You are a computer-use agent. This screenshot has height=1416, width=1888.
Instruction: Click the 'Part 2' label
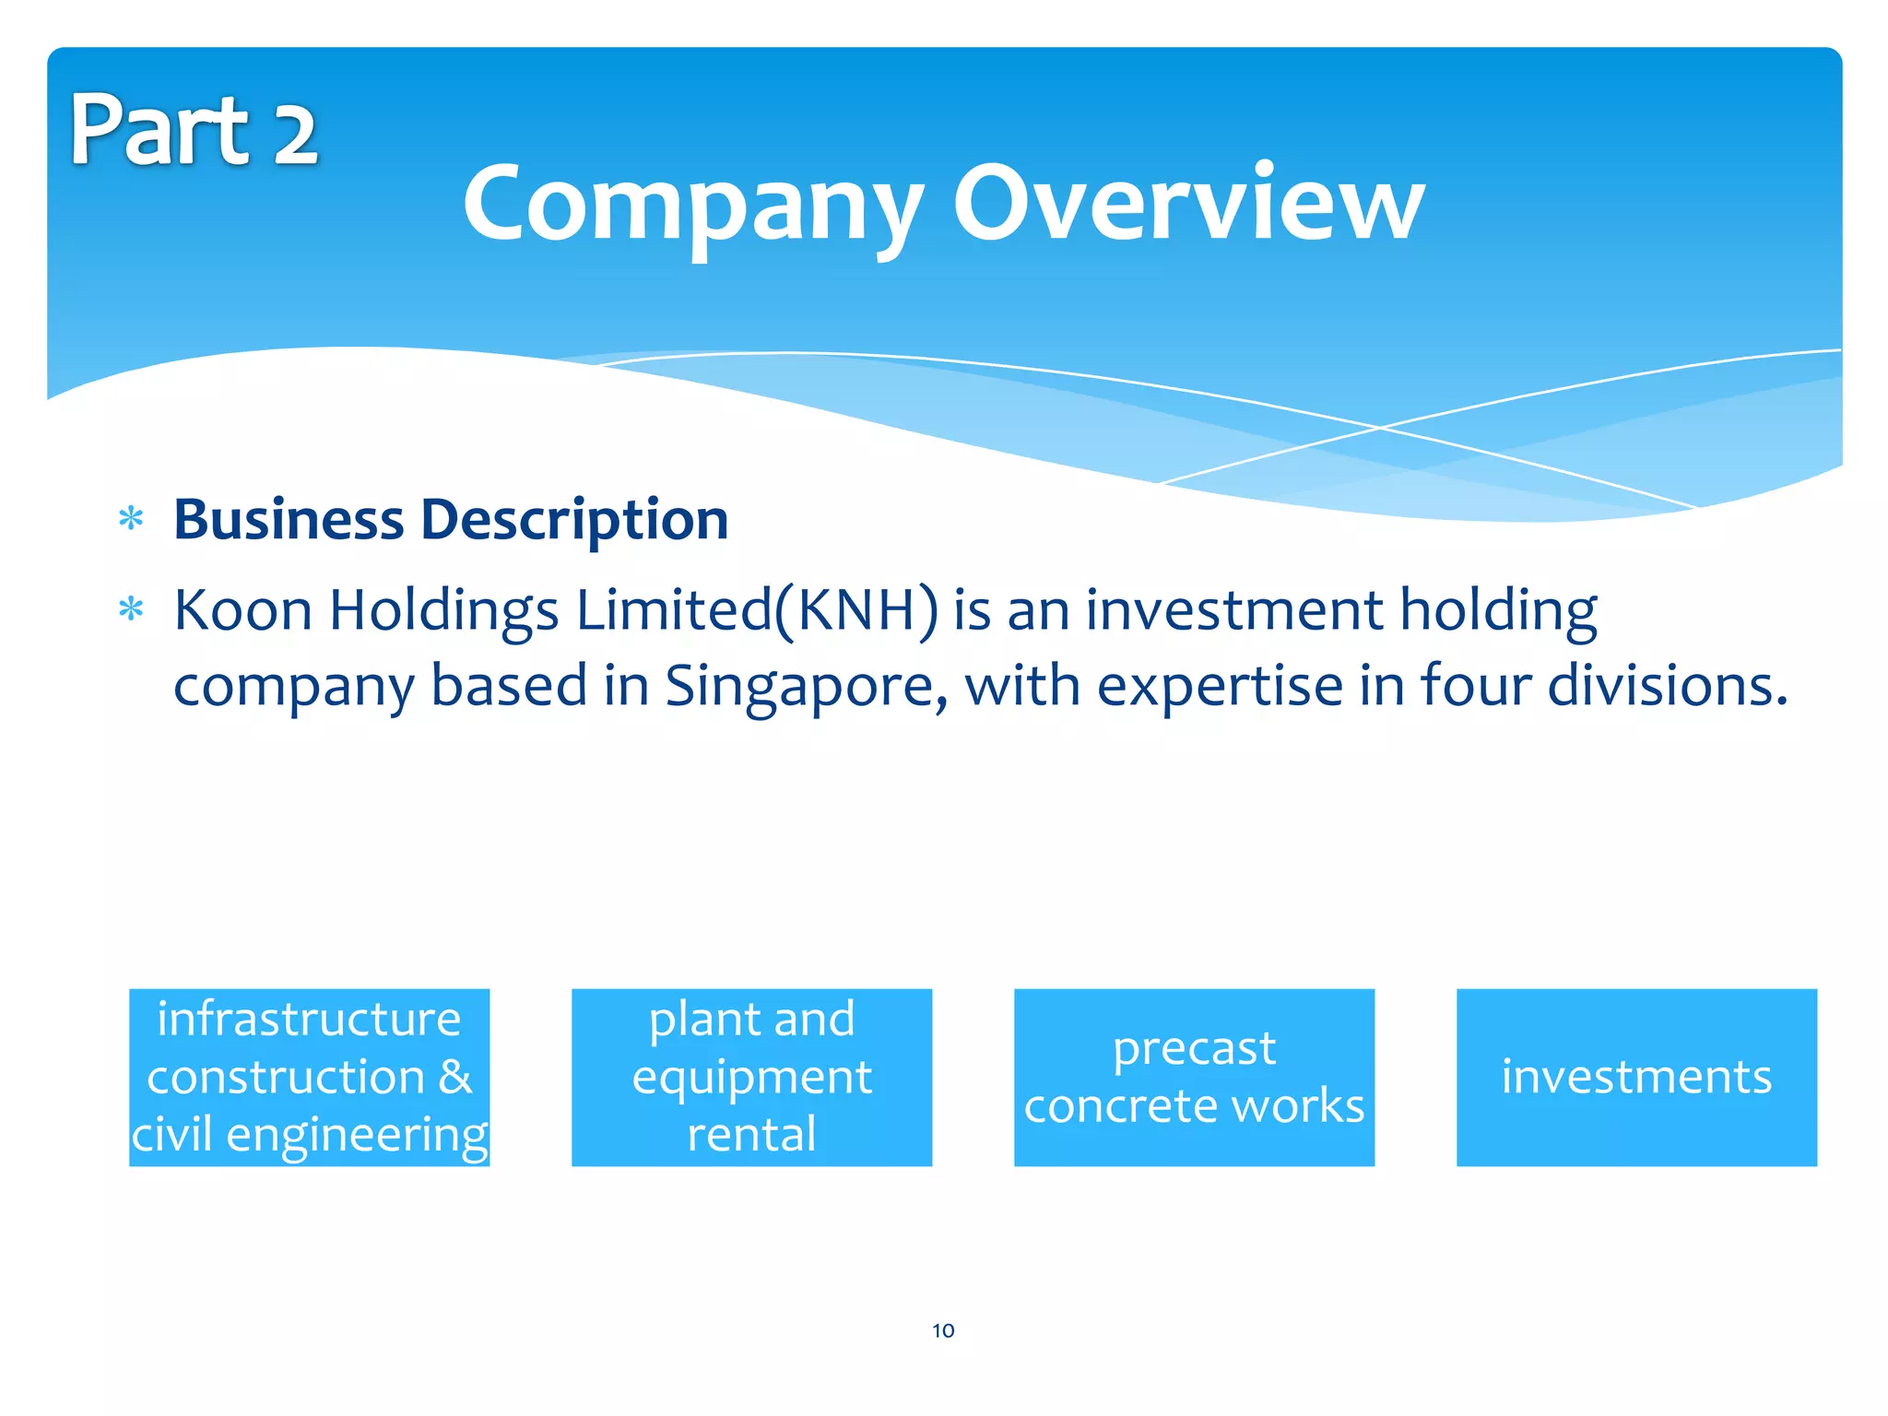[x=194, y=131]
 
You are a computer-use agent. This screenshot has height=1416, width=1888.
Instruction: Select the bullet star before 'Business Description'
[x=132, y=519]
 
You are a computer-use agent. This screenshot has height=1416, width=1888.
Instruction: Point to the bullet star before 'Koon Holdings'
[x=132, y=610]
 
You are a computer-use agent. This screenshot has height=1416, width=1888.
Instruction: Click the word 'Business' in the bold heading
[x=289, y=519]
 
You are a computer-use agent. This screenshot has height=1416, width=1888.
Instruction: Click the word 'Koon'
[x=243, y=610]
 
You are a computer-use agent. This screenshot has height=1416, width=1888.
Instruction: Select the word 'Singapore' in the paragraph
[x=800, y=688]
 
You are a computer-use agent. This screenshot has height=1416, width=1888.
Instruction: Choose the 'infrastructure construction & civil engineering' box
[x=309, y=1077]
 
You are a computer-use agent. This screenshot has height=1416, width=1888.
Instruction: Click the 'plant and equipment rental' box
[x=751, y=1077]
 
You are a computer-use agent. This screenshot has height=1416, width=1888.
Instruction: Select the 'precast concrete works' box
[x=1194, y=1077]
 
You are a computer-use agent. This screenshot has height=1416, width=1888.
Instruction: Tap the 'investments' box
[x=1636, y=1077]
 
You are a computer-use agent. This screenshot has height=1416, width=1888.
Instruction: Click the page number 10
[x=943, y=1330]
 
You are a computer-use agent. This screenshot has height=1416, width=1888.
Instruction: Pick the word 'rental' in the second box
[x=751, y=1134]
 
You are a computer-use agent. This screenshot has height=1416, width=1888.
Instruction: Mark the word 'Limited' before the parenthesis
[x=674, y=610]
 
